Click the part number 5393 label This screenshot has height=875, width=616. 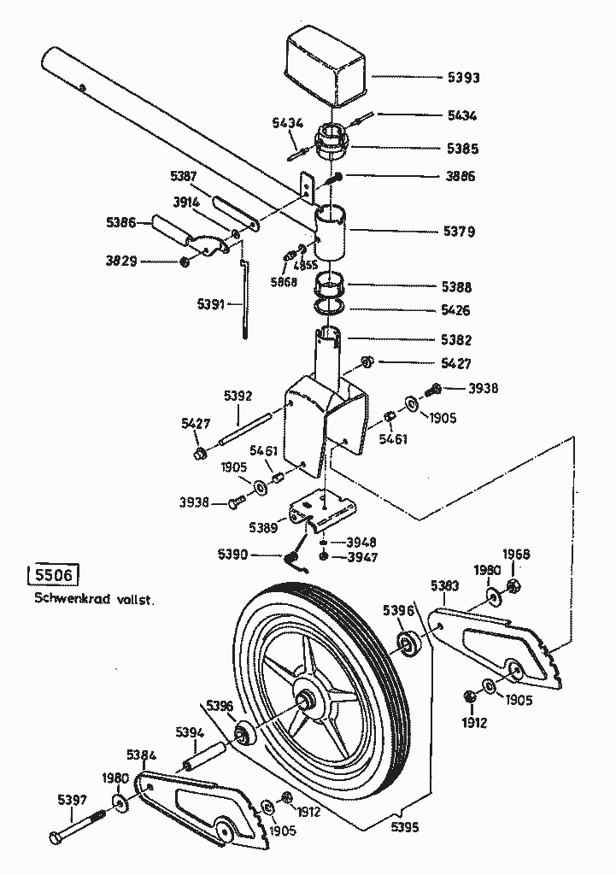pos(464,78)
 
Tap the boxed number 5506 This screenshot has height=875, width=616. pos(52,574)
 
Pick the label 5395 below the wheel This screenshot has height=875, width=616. pos(408,827)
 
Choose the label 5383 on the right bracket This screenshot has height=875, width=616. pos(445,585)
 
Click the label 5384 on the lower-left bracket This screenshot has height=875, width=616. pos(142,755)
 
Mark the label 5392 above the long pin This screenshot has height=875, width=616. pos(238,396)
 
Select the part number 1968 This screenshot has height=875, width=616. pos(516,555)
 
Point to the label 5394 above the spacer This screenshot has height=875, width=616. pos(190,732)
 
